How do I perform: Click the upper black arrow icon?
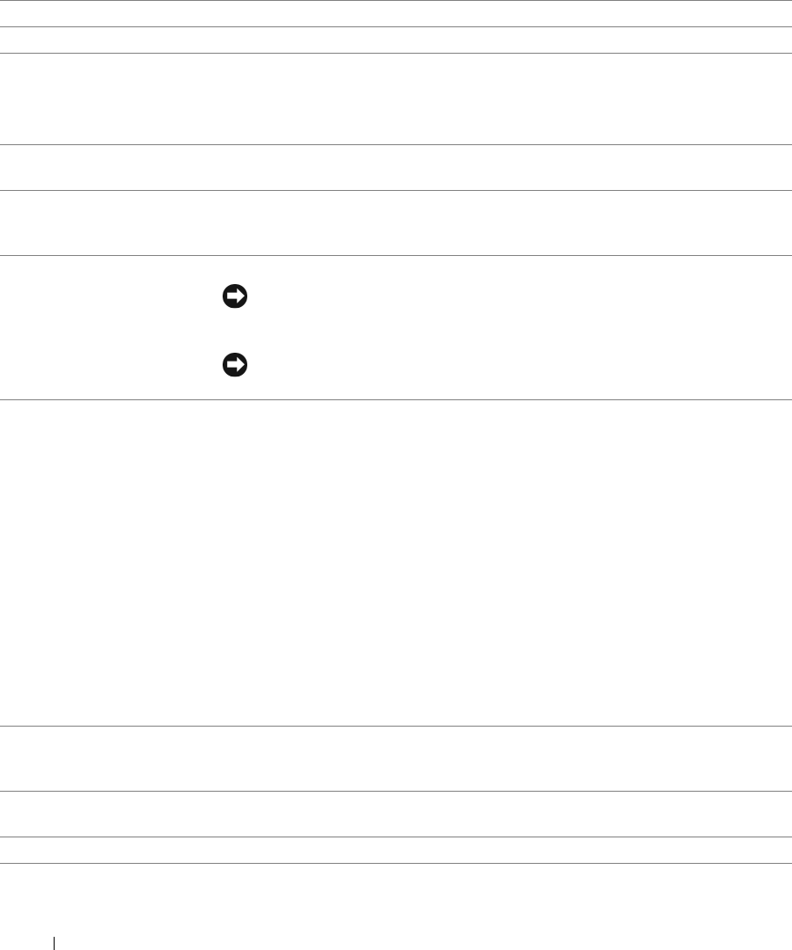pos(233,298)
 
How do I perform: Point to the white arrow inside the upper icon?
pos(234,298)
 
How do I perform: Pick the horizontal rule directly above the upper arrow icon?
pos(396,256)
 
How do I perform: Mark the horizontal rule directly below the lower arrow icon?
pos(396,401)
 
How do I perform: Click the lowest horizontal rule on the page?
pos(396,863)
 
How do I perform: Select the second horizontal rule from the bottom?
pos(396,837)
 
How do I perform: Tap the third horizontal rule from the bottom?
pos(396,791)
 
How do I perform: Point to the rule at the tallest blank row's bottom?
pos(396,726)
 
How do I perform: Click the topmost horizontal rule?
pos(396,1)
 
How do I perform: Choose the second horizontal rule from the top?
pos(396,27)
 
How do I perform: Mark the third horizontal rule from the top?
pos(396,54)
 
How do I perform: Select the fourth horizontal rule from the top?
pos(396,145)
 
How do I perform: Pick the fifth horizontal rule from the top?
pos(396,191)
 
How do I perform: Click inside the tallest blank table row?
pos(396,563)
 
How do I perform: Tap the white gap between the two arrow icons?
pos(233,332)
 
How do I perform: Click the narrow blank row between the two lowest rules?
pos(396,850)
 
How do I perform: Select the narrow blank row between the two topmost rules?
pos(396,14)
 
